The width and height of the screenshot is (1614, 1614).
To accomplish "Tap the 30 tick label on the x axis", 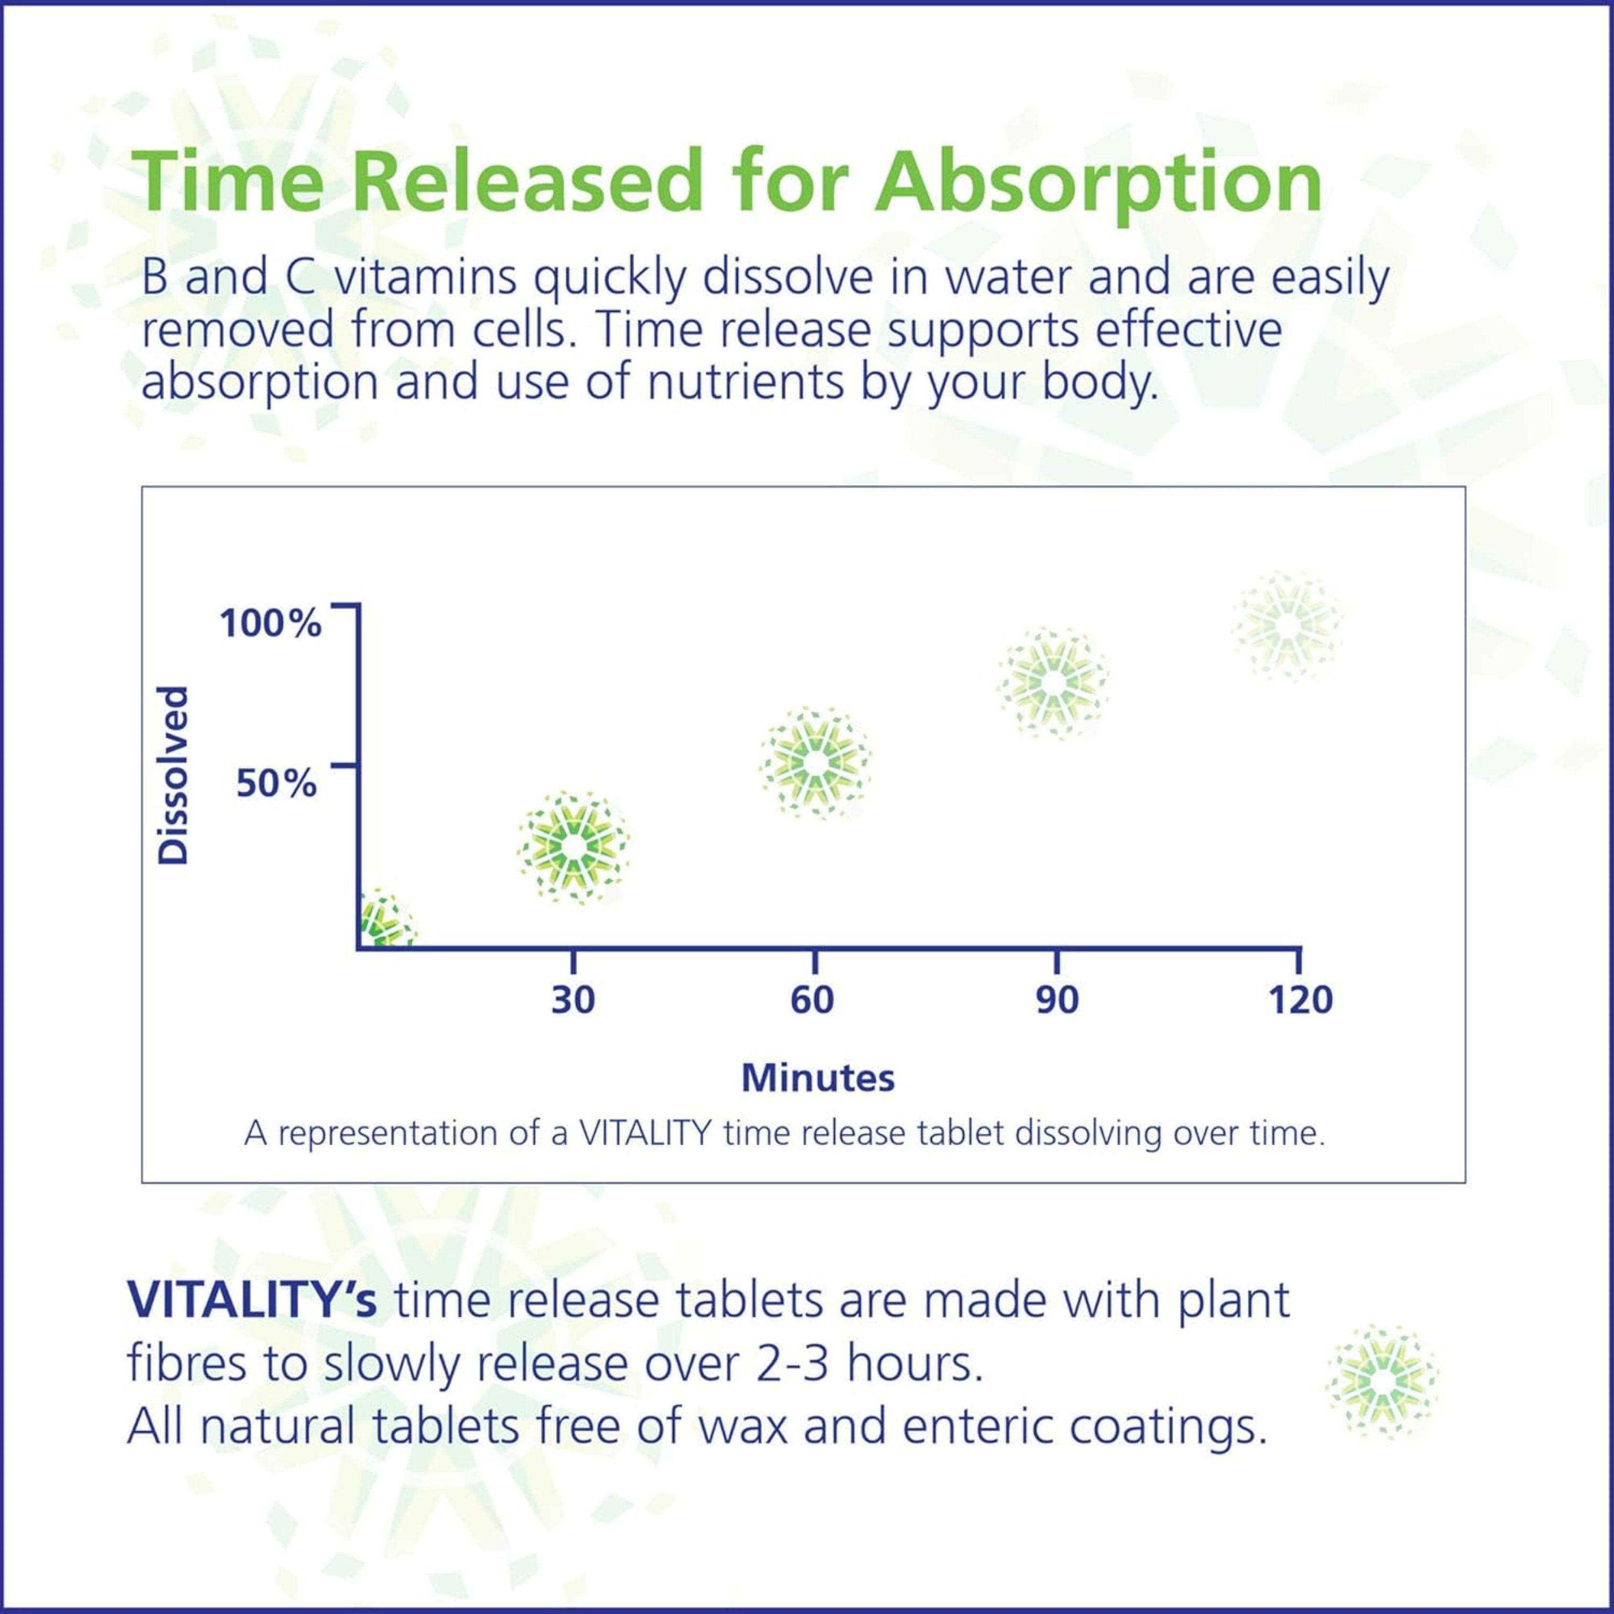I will click(x=573, y=1000).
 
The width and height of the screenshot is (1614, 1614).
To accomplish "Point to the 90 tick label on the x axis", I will click(x=1057, y=1000).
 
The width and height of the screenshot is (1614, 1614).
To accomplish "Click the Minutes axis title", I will click(x=818, y=1077).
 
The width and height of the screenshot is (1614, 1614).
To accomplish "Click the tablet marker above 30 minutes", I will click(x=573, y=847).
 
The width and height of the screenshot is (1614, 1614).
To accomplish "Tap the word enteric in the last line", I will click(x=962, y=1427).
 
